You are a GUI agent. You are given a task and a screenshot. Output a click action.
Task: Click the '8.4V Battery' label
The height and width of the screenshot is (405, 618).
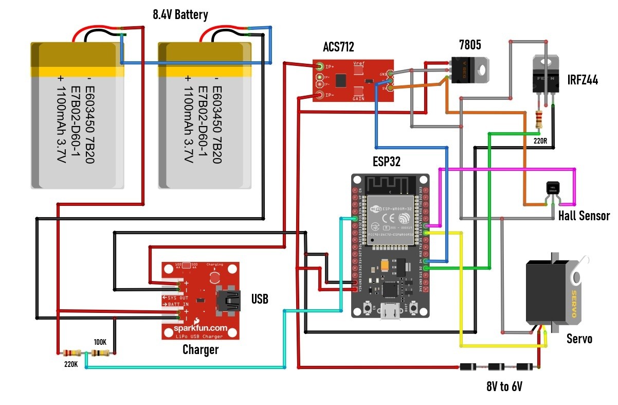tap(180, 15)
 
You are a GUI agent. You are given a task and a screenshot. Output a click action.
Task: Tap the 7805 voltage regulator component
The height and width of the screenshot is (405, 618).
tap(469, 70)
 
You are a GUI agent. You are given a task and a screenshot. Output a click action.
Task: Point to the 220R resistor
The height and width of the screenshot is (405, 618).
tap(538, 119)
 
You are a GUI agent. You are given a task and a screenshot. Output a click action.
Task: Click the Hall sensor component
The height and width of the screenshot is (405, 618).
tap(553, 189)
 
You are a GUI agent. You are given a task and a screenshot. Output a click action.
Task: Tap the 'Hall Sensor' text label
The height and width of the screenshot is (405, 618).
tap(584, 216)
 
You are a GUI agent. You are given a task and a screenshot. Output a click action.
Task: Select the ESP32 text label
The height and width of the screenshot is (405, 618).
tap(387, 162)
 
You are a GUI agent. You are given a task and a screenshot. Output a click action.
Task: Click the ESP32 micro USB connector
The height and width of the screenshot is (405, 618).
tap(390, 312)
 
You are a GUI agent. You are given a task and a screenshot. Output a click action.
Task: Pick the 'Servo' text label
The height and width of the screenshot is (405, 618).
tap(579, 339)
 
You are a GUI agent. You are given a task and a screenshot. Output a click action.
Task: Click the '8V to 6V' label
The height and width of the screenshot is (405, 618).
tap(504, 386)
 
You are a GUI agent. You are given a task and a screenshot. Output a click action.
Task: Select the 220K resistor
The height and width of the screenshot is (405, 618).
tap(71, 353)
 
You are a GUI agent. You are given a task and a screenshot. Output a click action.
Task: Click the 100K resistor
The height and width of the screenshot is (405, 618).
tap(100, 353)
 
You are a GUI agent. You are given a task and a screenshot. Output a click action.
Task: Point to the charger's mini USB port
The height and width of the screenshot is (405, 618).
tap(229, 301)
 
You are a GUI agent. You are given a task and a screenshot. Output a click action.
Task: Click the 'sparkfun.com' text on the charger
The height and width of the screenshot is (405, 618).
tap(201, 327)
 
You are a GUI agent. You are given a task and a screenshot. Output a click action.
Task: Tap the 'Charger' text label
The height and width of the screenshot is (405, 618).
tap(201, 350)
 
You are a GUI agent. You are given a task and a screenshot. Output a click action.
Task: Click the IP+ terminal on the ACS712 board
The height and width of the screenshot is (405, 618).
tap(320, 66)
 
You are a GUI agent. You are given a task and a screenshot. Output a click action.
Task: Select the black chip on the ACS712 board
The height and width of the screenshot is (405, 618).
tap(341, 80)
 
